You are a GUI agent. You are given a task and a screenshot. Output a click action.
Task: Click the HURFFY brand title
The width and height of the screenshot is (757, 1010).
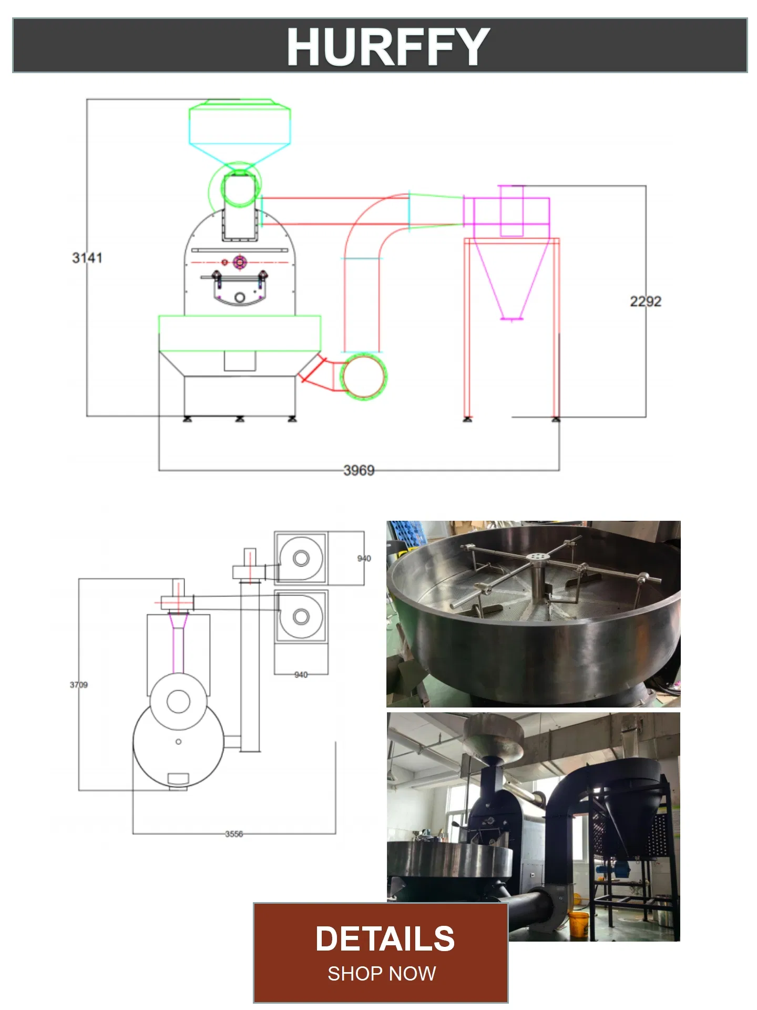coord(388,46)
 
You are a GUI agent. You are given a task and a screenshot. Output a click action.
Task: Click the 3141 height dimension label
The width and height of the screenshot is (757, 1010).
coord(87,258)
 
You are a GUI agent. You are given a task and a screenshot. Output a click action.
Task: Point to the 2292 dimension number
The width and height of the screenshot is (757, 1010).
coord(645,301)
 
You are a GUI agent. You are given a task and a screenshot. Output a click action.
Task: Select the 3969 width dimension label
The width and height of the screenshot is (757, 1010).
coord(359,470)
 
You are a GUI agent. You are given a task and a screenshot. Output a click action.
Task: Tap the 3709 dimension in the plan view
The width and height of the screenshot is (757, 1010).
coord(79,684)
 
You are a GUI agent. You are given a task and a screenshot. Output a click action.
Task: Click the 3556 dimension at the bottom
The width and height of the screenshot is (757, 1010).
coord(234,834)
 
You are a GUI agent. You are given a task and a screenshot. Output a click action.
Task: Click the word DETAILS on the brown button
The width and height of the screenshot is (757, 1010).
coord(384,939)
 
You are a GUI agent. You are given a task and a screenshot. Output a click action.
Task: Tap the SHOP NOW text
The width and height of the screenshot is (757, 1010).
coord(382,974)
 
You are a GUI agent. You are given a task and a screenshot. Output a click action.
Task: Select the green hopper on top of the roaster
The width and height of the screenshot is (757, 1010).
coord(240,125)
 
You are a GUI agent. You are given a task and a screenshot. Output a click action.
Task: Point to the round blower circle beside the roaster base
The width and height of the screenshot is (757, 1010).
coord(363,376)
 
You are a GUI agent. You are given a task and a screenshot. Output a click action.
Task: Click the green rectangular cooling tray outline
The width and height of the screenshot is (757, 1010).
coord(240,332)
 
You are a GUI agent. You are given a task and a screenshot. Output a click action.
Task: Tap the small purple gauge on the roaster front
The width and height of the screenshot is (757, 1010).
coord(240,261)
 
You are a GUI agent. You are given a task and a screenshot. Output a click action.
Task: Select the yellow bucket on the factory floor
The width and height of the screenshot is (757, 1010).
coord(578,924)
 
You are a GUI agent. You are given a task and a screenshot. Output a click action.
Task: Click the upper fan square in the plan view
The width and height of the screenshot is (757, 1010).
coord(300,558)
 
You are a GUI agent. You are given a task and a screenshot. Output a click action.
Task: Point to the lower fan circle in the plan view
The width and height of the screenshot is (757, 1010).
coord(301,616)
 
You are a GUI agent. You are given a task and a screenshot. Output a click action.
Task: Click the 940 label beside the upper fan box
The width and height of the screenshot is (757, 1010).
coord(364,558)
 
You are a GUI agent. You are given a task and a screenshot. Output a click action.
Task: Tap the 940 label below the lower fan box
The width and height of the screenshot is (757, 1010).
coord(301,674)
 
